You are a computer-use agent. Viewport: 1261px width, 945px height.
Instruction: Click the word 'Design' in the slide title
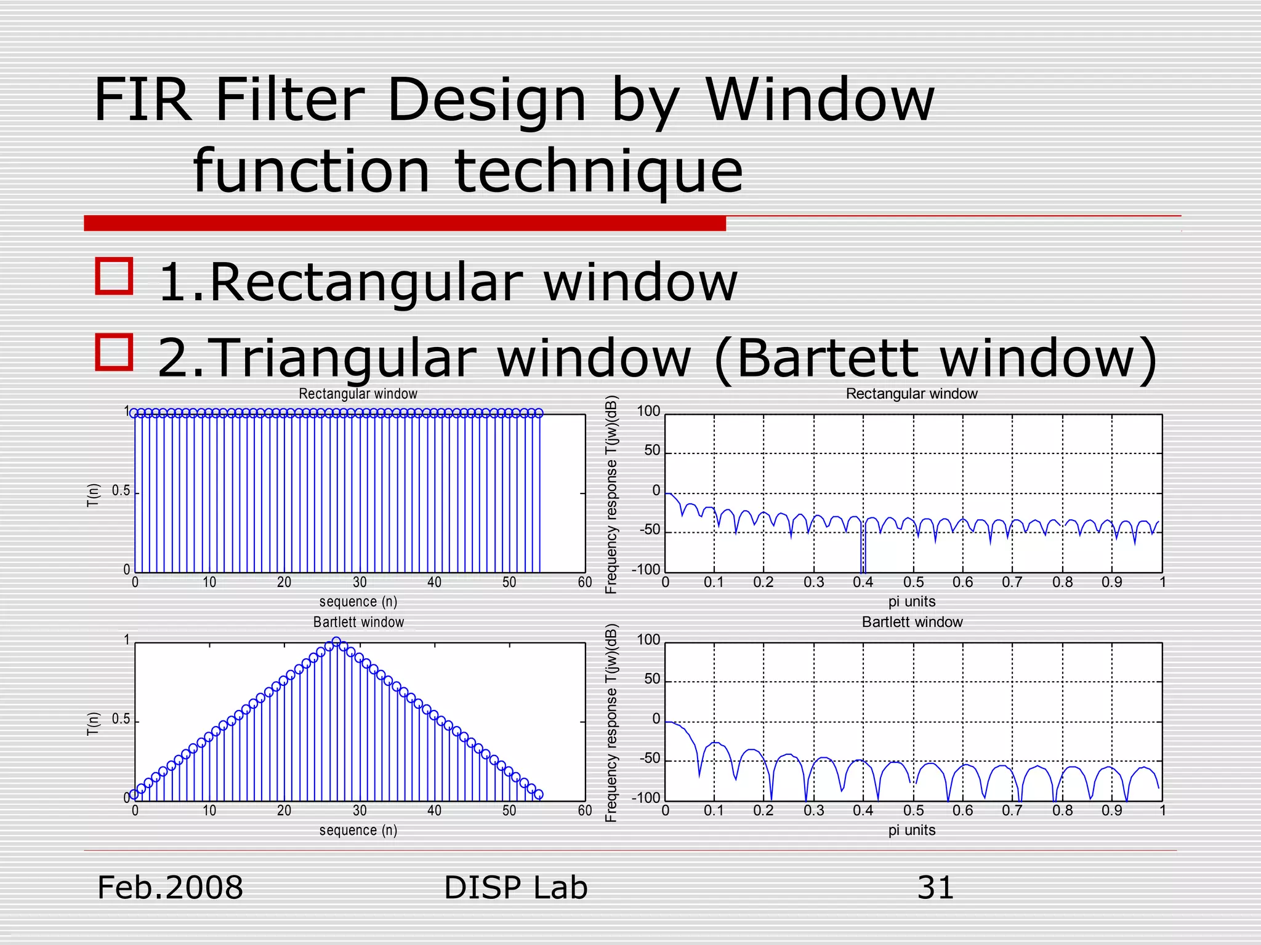pyautogui.click(x=486, y=100)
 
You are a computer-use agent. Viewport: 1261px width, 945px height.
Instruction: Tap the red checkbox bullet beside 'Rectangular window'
pyautogui.click(x=115, y=276)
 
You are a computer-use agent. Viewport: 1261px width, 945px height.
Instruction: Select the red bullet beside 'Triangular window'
pyautogui.click(x=115, y=352)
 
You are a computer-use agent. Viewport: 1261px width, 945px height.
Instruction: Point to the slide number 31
pyautogui.click(x=935, y=888)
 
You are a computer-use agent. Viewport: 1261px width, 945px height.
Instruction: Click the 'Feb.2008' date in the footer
pyautogui.click(x=171, y=888)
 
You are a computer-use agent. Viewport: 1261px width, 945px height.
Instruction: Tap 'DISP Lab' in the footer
pyautogui.click(x=515, y=888)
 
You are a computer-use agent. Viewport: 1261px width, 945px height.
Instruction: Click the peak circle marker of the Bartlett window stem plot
pyautogui.click(x=336, y=642)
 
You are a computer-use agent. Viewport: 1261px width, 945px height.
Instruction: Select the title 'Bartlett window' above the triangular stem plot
pyautogui.click(x=358, y=622)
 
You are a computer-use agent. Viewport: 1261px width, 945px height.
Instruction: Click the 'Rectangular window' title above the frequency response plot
pyautogui.click(x=911, y=394)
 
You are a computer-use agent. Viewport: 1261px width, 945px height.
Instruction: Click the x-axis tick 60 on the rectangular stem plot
pyautogui.click(x=584, y=582)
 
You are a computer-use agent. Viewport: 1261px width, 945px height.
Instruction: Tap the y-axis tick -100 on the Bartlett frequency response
pyautogui.click(x=646, y=798)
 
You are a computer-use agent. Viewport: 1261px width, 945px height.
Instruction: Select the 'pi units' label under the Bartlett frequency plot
pyautogui.click(x=911, y=830)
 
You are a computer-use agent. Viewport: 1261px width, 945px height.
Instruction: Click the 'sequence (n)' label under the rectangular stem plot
pyautogui.click(x=358, y=601)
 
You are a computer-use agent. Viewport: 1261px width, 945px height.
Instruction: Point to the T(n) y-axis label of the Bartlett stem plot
pyautogui.click(x=93, y=724)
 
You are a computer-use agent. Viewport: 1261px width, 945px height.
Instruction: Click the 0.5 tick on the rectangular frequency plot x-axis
pyautogui.click(x=913, y=582)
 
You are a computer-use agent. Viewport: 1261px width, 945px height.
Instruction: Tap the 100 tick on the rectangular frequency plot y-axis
pyautogui.click(x=648, y=411)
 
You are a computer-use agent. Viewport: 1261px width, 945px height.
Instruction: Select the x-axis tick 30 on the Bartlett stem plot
pyautogui.click(x=360, y=811)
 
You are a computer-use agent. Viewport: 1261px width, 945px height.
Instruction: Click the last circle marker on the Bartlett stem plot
pyautogui.click(x=539, y=795)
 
